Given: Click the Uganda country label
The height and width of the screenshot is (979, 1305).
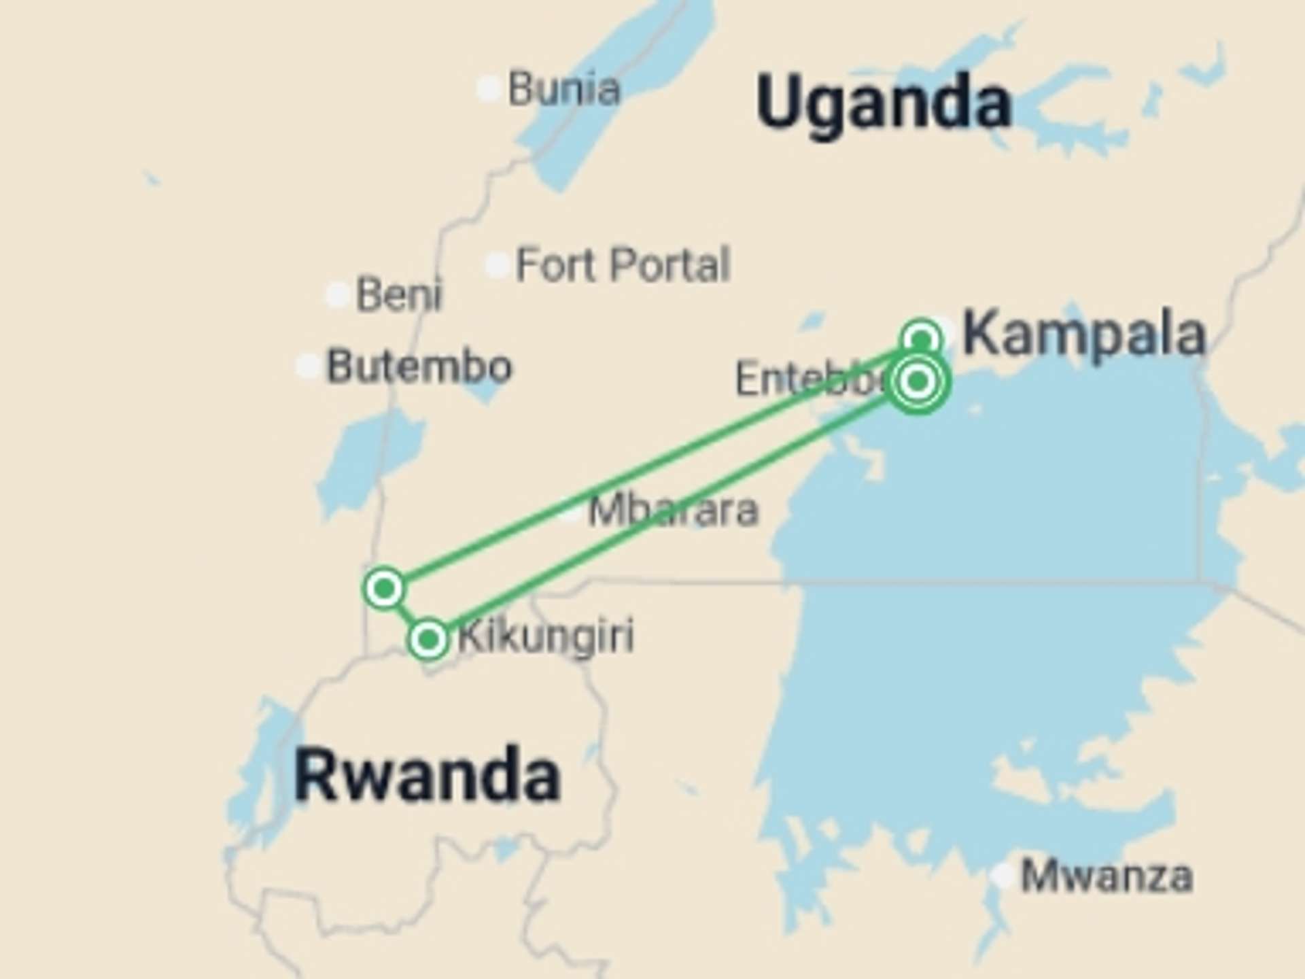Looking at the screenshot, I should point(884,103).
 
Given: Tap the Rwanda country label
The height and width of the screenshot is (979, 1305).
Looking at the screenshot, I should point(427,775).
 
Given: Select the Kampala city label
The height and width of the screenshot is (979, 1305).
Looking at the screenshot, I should point(1084,334).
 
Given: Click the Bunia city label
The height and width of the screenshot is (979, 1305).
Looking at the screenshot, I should point(564,88).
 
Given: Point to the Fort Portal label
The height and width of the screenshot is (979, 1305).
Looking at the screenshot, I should point(623,264).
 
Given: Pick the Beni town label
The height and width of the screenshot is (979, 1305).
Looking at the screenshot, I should point(399,294).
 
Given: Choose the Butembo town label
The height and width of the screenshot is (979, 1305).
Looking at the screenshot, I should point(419,366).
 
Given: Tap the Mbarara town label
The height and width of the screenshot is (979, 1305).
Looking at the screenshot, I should point(673,510).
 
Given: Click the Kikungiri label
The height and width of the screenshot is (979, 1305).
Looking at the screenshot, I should point(546,636).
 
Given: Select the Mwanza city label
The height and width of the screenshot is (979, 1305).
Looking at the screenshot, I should point(1107,876).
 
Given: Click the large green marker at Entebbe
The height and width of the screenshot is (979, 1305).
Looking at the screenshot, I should point(918,381).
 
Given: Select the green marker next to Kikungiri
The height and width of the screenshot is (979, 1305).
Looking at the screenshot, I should point(428,639).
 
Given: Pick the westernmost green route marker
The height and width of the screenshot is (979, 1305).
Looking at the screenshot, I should point(385,588).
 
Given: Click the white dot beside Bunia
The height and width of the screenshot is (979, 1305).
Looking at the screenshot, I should point(489,88).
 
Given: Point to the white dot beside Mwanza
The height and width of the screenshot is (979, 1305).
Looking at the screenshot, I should point(1003,875).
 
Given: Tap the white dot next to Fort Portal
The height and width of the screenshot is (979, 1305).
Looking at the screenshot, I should point(497,264).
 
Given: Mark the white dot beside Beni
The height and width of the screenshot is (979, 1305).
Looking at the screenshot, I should point(337,294).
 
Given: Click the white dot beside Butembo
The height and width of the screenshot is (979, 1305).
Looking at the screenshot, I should point(308,366).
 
